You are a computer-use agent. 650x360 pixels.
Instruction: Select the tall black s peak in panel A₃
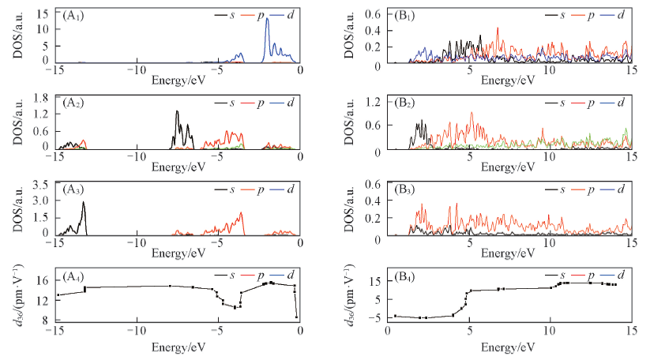83,204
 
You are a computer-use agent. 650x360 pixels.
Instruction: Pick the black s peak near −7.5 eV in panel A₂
177,113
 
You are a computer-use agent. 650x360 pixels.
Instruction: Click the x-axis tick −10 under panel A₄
137,330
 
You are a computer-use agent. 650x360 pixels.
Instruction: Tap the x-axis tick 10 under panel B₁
550,70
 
